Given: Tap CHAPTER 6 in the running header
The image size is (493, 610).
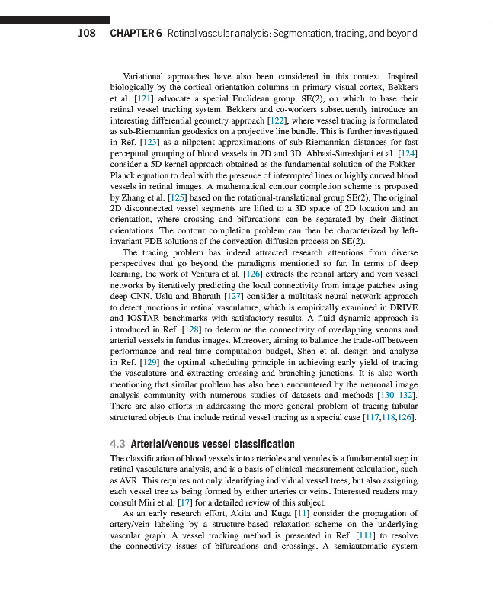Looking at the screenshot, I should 136,34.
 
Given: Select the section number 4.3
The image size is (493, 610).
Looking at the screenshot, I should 118,444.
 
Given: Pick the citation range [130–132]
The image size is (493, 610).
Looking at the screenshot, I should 392,395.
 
